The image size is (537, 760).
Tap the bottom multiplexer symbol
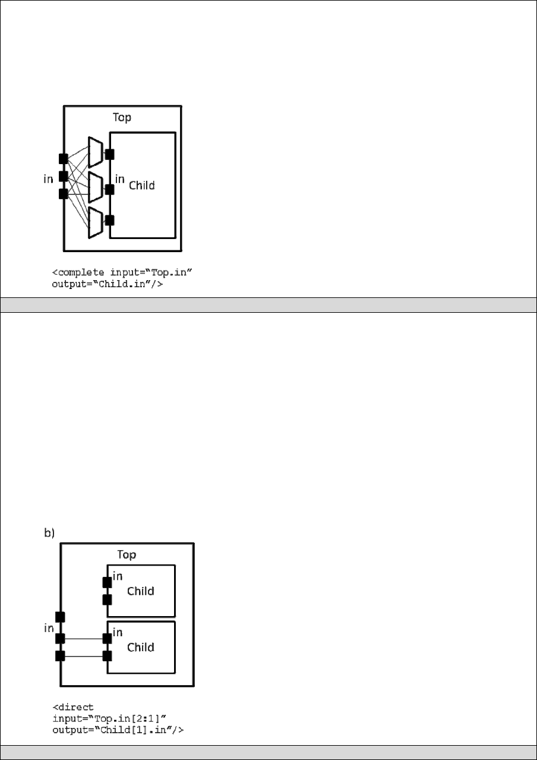[94, 222]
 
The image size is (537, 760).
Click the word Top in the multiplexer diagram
[122, 117]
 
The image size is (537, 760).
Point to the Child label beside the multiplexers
[142, 185]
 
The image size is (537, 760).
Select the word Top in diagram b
[126, 554]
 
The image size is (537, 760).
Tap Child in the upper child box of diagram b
[141, 591]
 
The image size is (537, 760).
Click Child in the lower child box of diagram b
[141, 647]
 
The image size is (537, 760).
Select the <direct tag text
[73, 708]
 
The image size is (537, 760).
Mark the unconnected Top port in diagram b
[60, 617]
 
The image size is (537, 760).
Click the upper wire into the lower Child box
[83, 639]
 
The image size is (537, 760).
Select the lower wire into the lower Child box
[83, 657]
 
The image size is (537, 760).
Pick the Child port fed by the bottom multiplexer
[109, 221]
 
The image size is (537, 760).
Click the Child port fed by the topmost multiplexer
[109, 155]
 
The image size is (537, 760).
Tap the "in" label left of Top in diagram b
[49, 628]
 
